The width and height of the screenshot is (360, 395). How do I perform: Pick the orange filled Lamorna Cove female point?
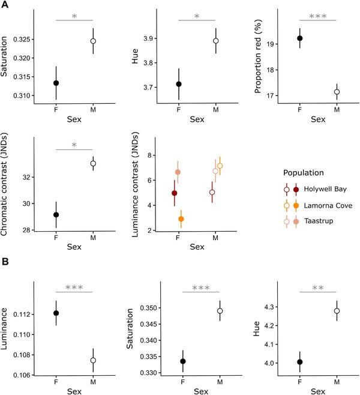[181, 219]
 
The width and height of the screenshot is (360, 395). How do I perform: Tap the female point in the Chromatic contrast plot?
[56, 214]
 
